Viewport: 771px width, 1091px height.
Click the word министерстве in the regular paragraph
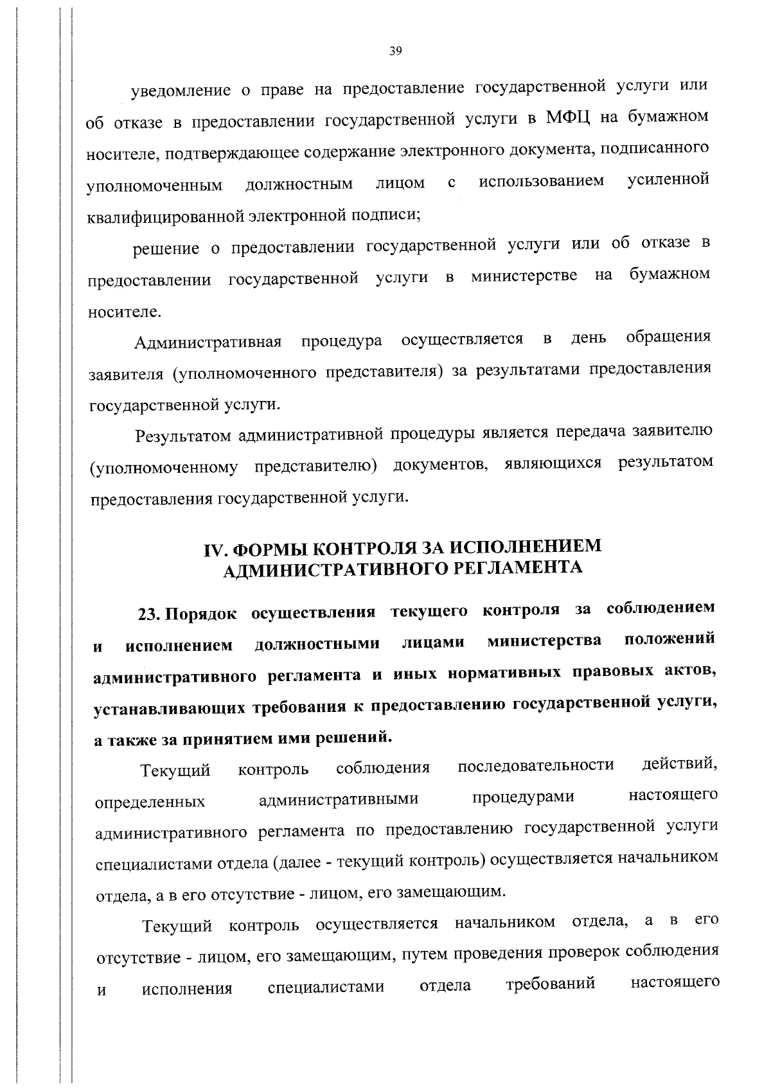pos(524,277)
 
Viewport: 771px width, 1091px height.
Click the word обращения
pos(668,337)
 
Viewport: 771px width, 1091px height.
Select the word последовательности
pos(536,765)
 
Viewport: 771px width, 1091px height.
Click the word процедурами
pos(523,797)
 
